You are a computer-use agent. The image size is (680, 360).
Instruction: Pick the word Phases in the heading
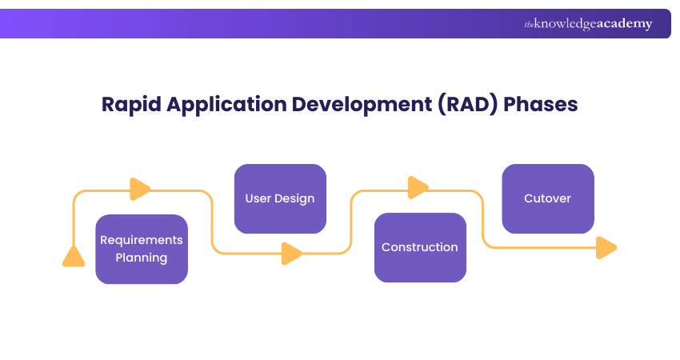pyautogui.click(x=541, y=104)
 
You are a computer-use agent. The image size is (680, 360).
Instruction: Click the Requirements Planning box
pyautogui.click(x=142, y=249)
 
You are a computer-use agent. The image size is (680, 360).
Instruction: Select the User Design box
pyautogui.click(x=280, y=198)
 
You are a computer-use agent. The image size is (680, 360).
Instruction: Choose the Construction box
pyautogui.click(x=420, y=247)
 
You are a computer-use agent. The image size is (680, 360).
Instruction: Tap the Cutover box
pyautogui.click(x=547, y=198)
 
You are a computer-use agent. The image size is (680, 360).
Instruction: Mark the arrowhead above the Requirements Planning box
pyautogui.click(x=140, y=190)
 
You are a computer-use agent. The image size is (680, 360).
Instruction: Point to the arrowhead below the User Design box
pyautogui.click(x=292, y=254)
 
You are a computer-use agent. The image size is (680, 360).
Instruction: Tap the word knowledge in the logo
pyautogui.click(x=564, y=24)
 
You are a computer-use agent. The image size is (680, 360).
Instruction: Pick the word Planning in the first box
pyautogui.click(x=142, y=258)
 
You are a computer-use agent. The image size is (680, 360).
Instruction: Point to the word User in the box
pyautogui.click(x=258, y=198)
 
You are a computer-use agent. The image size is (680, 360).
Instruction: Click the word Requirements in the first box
pyautogui.click(x=142, y=240)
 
